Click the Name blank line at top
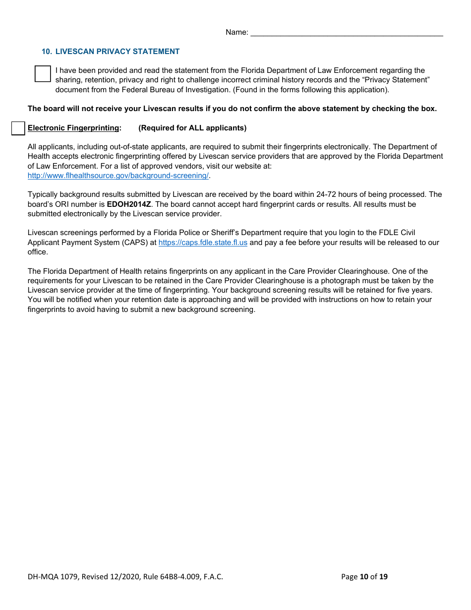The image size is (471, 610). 347,33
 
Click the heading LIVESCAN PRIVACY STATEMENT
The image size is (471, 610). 118,52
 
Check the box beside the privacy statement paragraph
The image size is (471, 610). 43,74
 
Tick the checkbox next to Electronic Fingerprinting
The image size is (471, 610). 18,128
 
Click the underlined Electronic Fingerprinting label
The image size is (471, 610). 74,128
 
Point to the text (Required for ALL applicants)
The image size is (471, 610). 192,128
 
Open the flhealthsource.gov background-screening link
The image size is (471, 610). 118,176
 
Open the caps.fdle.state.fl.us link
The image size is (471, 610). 203,243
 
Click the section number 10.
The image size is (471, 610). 47,52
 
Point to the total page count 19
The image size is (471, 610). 383,576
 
